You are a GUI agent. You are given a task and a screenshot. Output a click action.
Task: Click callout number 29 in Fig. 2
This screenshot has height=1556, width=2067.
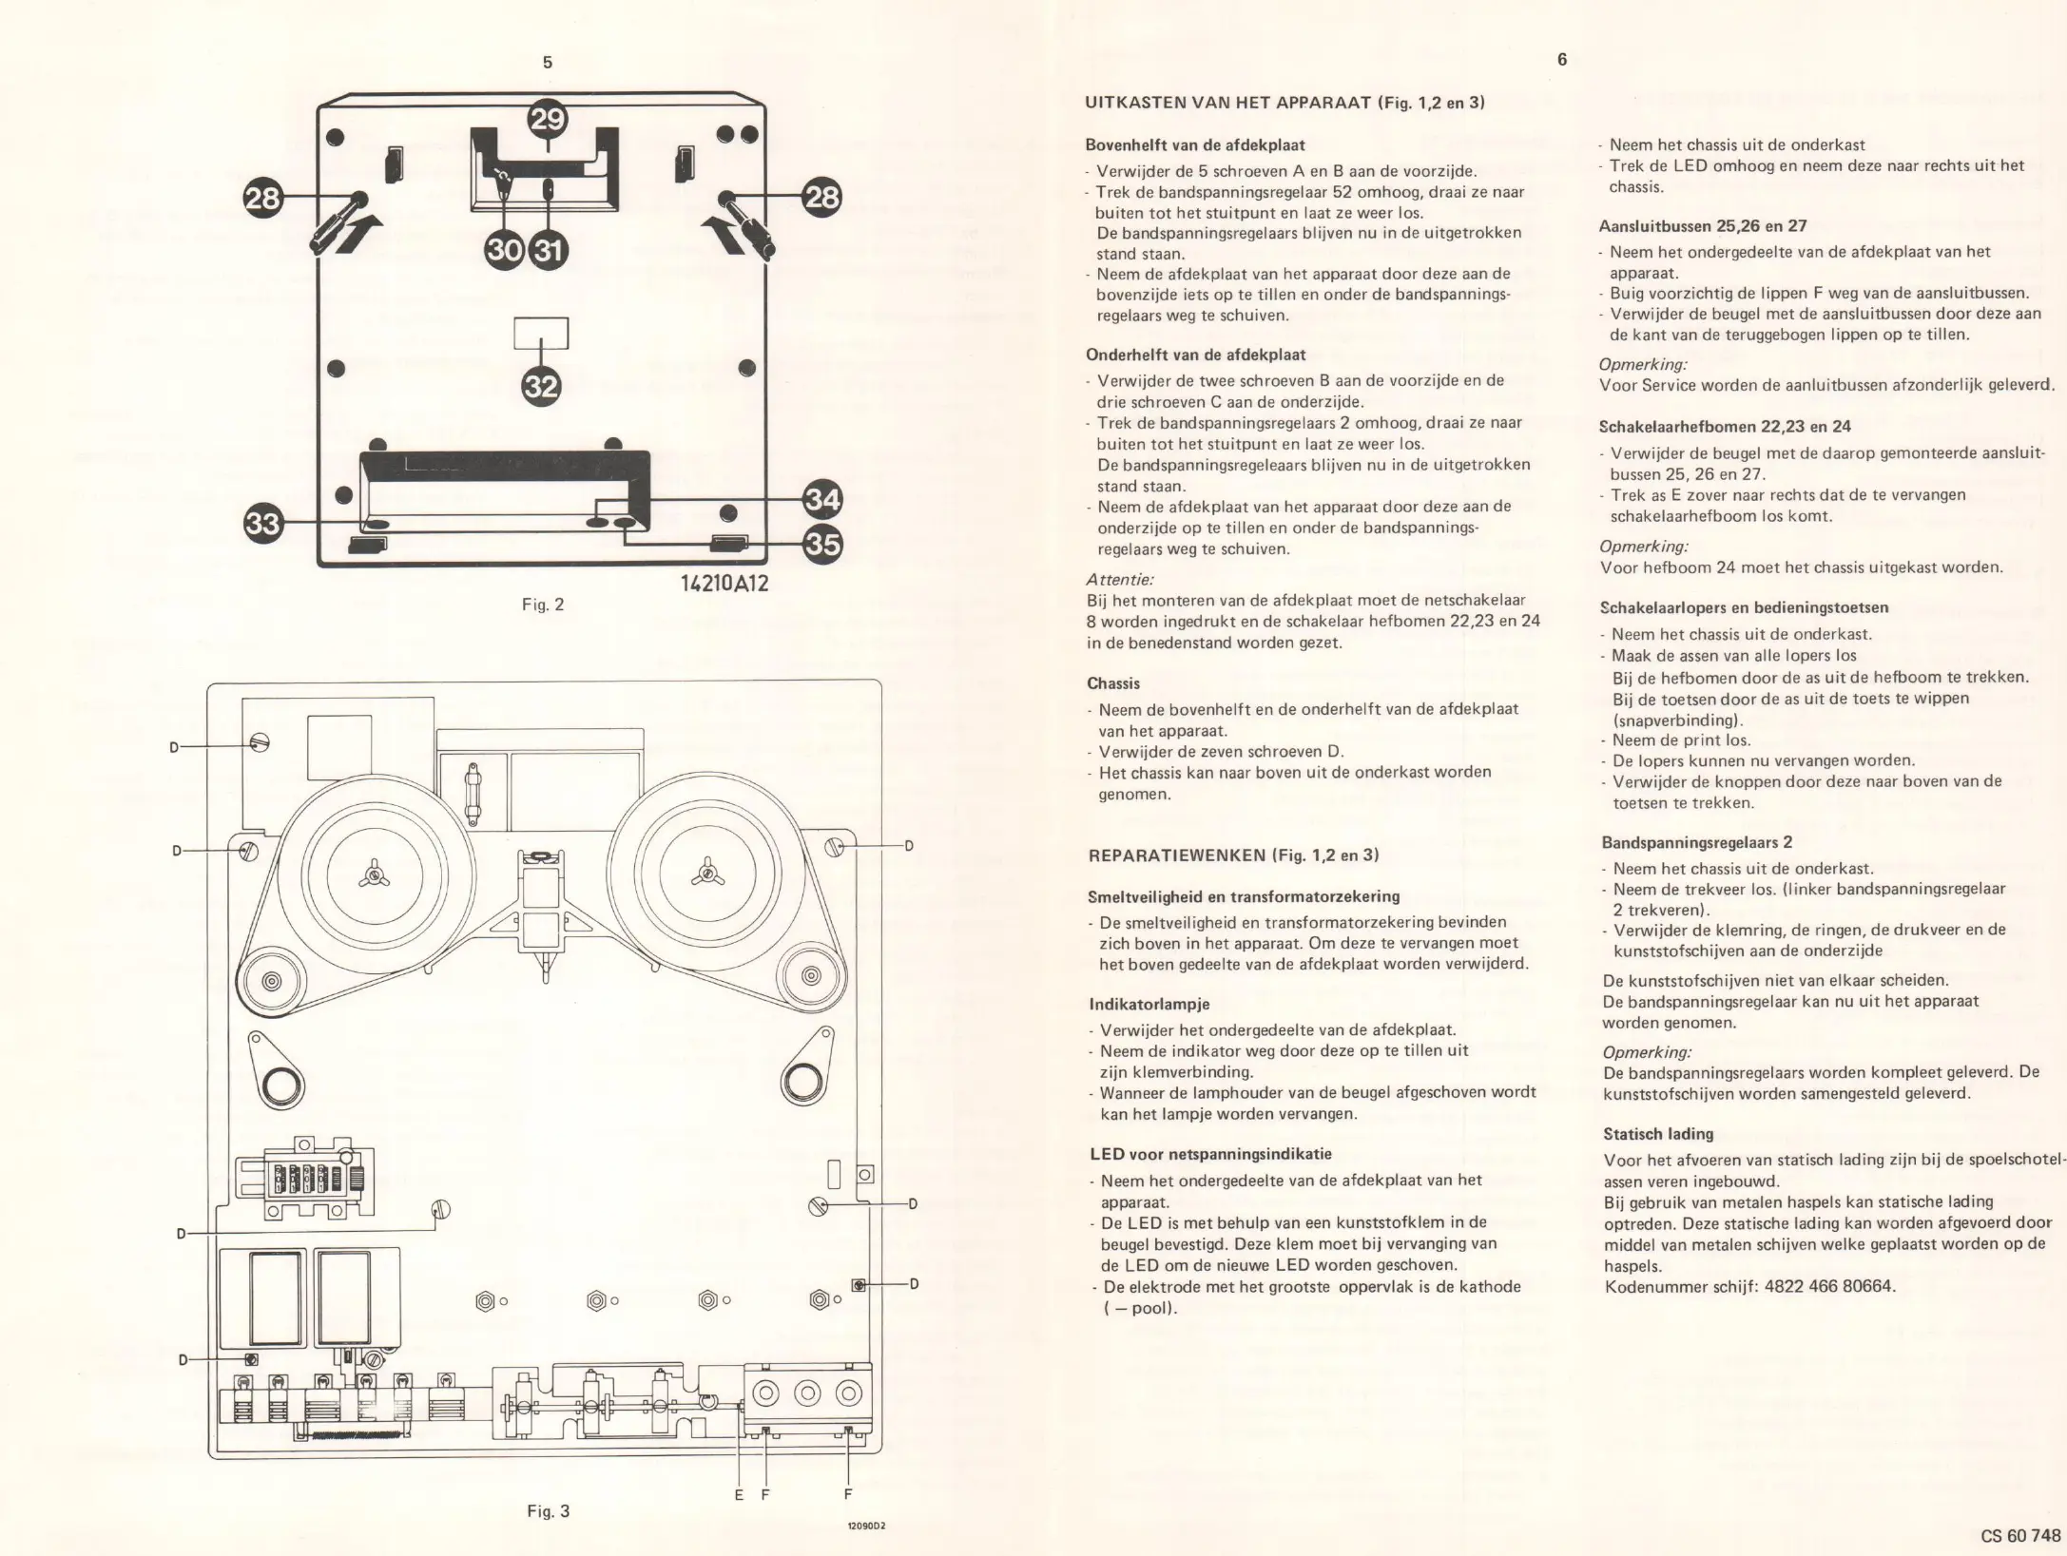coord(547,121)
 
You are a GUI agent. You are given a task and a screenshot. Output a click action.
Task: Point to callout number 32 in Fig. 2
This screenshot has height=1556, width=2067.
coord(541,387)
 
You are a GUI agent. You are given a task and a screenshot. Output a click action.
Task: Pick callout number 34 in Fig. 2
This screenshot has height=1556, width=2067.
coord(822,499)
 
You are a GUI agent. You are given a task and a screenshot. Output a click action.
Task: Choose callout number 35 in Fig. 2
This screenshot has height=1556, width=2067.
coord(822,544)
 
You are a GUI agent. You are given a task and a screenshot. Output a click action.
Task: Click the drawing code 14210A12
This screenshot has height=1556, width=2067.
coord(724,583)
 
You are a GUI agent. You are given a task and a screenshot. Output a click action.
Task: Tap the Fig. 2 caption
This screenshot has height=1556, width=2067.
coord(543,605)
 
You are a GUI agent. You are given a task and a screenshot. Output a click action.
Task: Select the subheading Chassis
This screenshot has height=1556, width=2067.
coord(1112,683)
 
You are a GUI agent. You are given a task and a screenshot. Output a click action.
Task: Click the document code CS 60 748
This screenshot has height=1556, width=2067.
coord(2020,1535)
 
